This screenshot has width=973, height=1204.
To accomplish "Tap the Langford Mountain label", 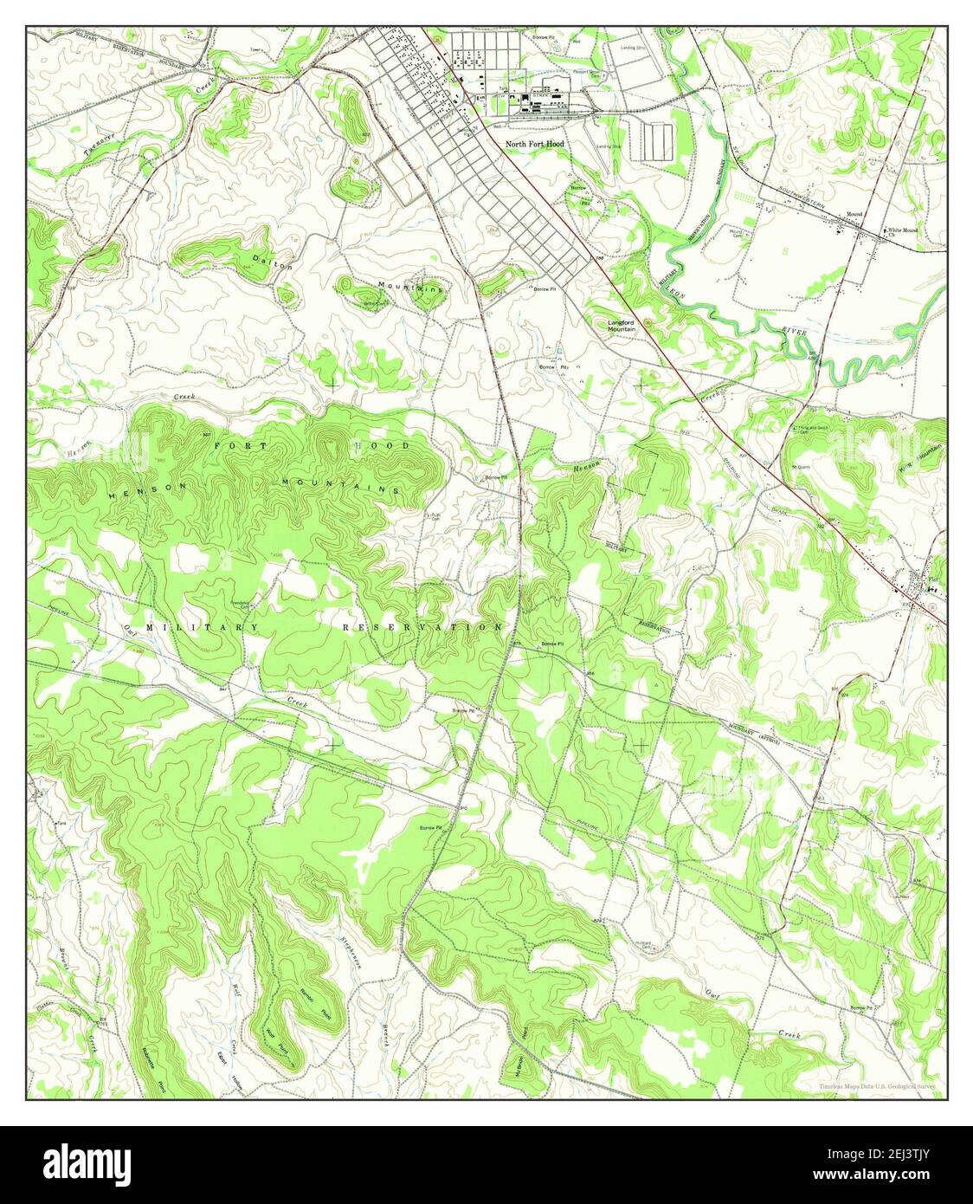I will [x=621, y=326].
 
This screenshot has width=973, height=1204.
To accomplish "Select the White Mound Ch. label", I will [x=903, y=231].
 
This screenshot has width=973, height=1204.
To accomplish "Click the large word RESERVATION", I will [x=422, y=626].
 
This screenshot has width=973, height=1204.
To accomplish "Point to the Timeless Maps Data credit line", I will [x=877, y=1085].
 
